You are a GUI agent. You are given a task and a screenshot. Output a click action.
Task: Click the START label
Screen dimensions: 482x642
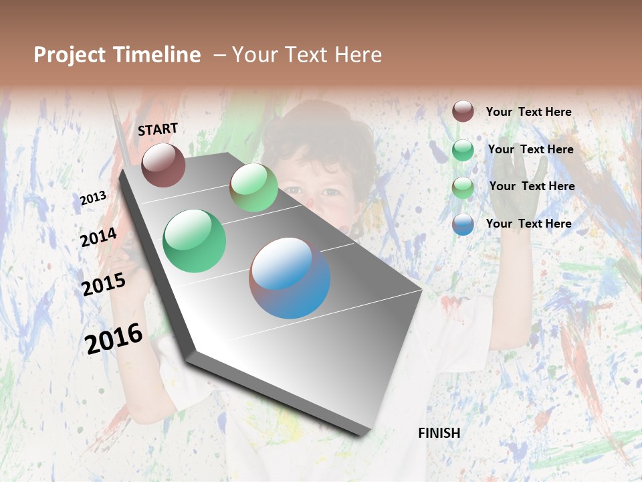(x=158, y=129)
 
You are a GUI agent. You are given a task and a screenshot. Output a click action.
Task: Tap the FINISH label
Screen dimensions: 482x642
(x=439, y=433)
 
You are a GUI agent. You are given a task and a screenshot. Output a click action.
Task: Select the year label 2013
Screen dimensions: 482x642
(x=93, y=198)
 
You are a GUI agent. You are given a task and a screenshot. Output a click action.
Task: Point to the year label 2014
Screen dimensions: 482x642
(x=98, y=238)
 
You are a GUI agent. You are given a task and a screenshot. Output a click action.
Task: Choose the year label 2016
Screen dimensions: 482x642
(x=114, y=338)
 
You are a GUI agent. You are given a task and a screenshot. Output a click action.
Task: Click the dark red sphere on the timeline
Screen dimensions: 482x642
(x=163, y=165)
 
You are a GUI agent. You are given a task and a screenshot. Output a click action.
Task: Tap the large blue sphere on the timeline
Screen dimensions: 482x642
(x=290, y=278)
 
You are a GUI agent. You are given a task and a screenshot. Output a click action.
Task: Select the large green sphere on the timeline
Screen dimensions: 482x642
(x=195, y=241)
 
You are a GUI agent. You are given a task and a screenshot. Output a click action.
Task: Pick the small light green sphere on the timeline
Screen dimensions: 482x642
(x=253, y=187)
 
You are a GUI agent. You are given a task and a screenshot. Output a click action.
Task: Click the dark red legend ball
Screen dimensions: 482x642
(x=463, y=111)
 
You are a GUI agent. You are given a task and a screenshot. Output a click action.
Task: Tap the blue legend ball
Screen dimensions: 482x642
(x=463, y=224)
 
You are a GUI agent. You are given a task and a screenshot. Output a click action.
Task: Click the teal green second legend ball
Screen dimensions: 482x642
(x=463, y=150)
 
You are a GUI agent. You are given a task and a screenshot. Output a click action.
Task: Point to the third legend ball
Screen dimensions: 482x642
(x=463, y=187)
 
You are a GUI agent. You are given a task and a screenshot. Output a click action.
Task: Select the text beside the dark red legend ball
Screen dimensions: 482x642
(x=528, y=112)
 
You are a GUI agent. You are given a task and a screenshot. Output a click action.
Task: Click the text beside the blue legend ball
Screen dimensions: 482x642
(x=528, y=224)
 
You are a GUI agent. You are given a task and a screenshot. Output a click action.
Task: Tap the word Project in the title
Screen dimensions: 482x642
(x=70, y=55)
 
